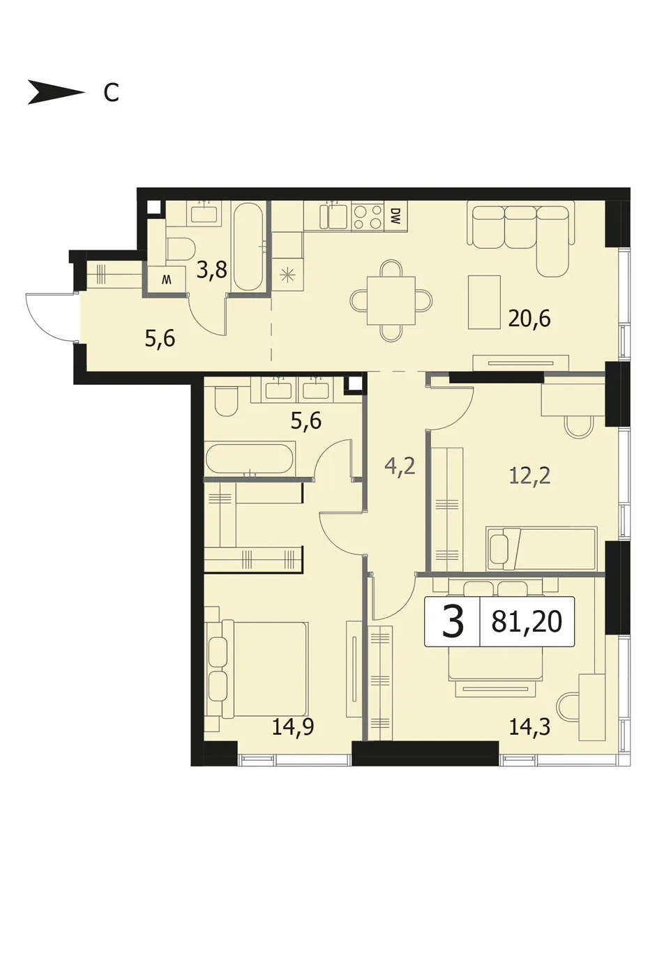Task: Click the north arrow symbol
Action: click(x=56, y=92)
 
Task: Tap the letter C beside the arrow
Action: click(x=112, y=92)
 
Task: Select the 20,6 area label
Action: click(x=529, y=319)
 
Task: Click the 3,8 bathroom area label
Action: click(x=211, y=271)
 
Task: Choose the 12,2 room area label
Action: click(x=530, y=476)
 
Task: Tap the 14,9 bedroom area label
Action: click(x=293, y=727)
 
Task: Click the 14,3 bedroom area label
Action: click(x=530, y=727)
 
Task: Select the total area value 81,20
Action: click(x=527, y=621)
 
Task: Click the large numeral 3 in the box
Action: click(x=453, y=621)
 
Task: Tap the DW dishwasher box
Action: click(x=395, y=216)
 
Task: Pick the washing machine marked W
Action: click(x=166, y=280)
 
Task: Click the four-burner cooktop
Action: click(x=368, y=218)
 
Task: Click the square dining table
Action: click(x=391, y=301)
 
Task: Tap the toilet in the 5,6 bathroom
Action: click(x=226, y=402)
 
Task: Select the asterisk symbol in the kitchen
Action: click(x=287, y=274)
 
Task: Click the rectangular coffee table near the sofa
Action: click(x=485, y=303)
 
